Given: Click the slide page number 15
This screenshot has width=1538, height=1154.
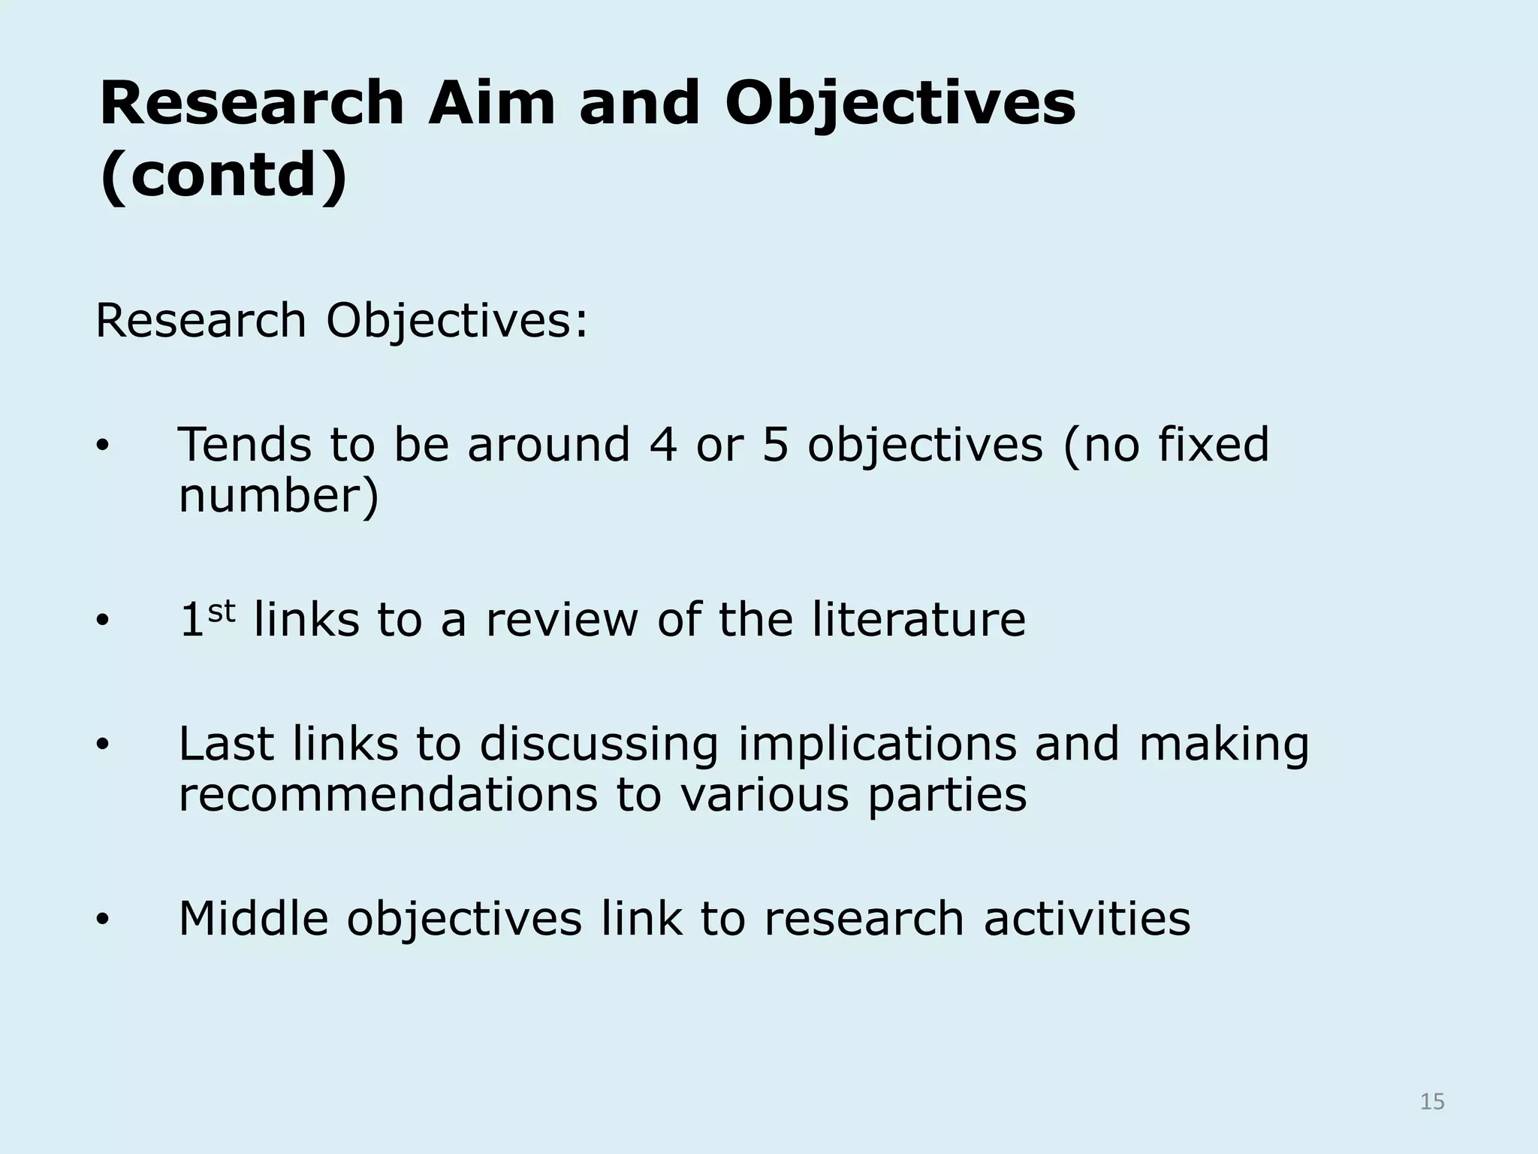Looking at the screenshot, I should click(1432, 1101).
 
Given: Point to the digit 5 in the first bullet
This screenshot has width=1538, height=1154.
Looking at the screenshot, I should click(776, 444).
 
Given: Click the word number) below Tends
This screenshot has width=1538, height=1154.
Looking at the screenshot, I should click(279, 496).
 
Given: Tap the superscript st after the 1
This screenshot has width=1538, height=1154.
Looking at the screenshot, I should click(222, 612).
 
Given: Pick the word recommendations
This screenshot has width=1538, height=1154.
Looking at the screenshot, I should click(388, 795).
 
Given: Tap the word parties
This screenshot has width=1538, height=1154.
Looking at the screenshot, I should click(947, 796).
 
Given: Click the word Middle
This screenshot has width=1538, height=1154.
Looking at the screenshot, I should click(254, 918).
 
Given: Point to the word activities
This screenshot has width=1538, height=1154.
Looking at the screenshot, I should click(1087, 918).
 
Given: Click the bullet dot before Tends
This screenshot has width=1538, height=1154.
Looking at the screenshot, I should click(103, 447).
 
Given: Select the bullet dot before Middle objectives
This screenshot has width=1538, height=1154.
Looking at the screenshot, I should click(103, 920).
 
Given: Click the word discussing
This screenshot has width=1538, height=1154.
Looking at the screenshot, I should click(599, 745).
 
